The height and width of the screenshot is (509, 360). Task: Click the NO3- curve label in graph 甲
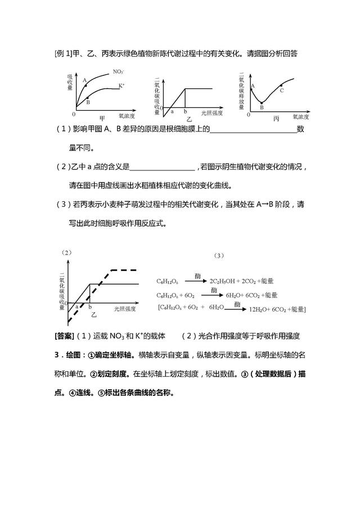point(118,72)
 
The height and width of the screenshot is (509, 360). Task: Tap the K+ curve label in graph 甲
point(121,85)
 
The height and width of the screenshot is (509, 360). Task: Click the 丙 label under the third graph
point(276,119)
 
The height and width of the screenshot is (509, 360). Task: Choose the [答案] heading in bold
point(62,336)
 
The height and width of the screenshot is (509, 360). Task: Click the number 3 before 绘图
point(57,356)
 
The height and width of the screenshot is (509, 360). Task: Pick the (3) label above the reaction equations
point(219,255)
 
